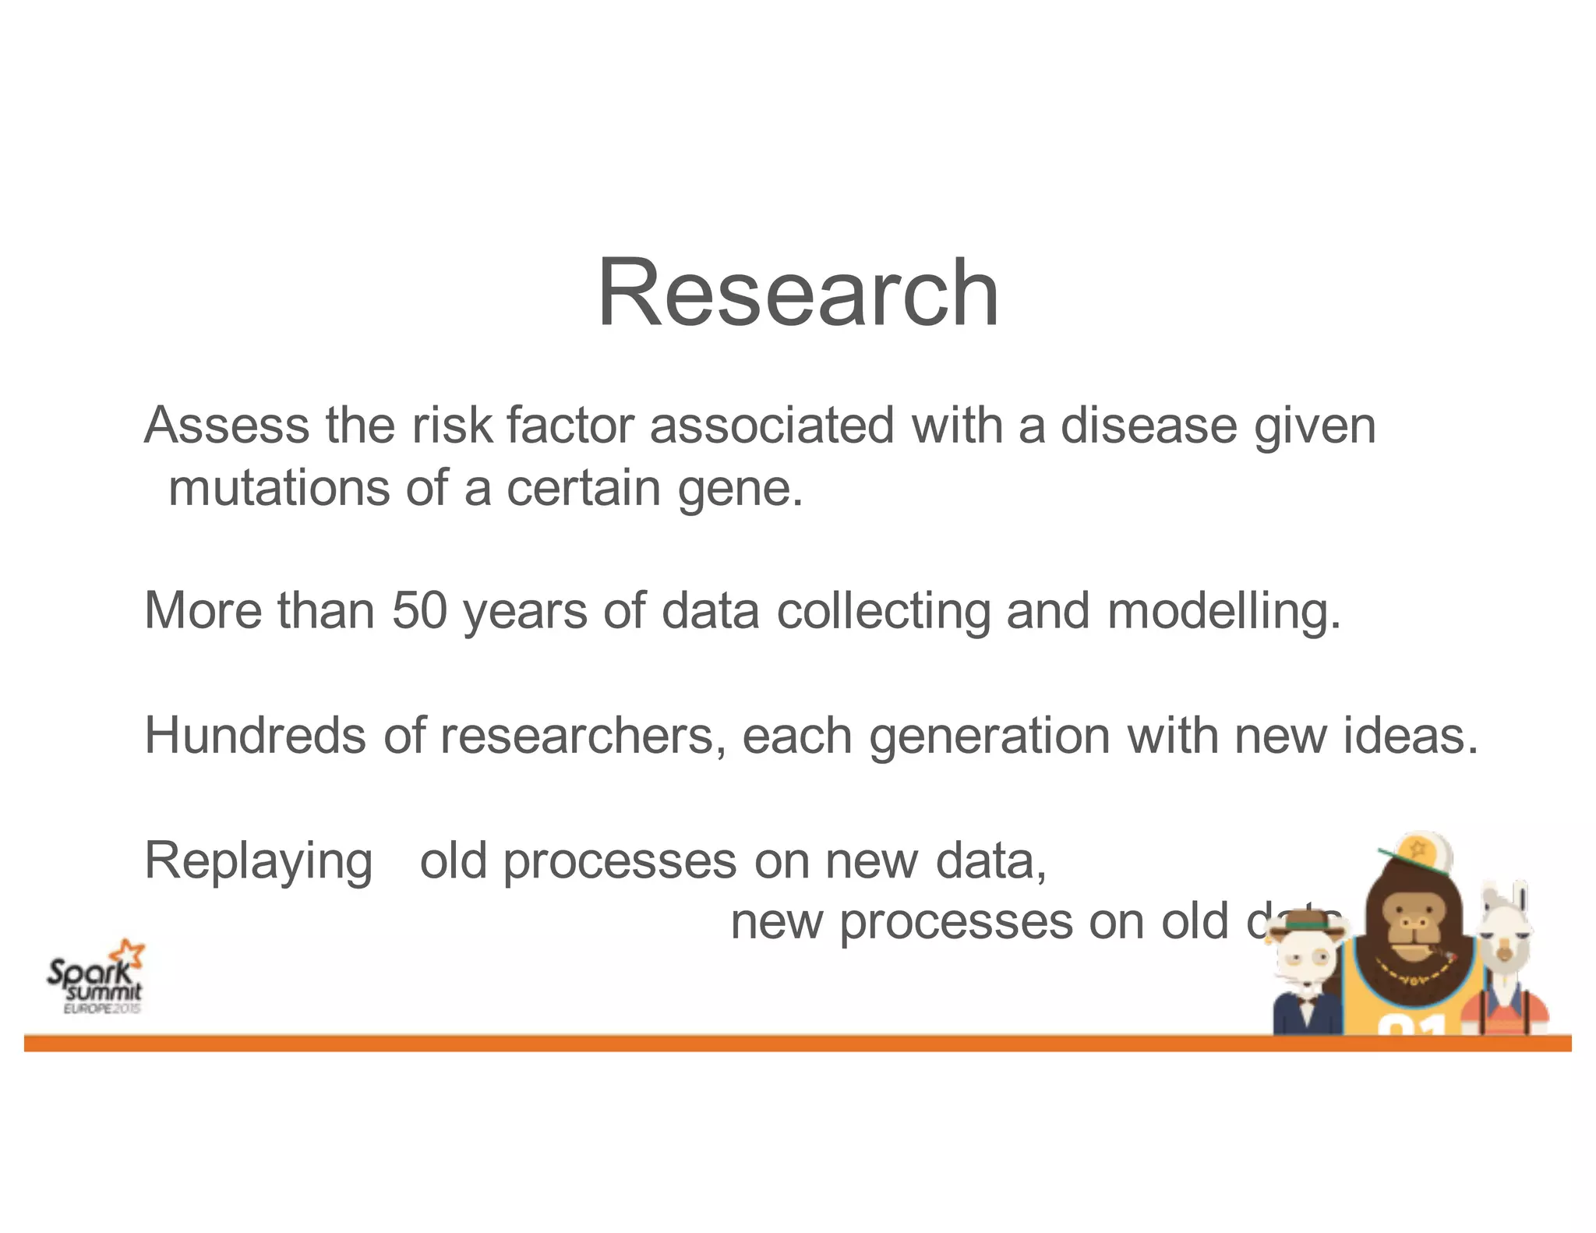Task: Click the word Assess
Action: (226, 426)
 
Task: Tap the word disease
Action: (1148, 426)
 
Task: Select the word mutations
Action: (278, 489)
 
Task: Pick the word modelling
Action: (1223, 612)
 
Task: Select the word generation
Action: (989, 737)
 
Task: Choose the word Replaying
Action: (259, 862)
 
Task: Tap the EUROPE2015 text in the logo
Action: (102, 1009)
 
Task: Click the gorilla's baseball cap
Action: (1420, 853)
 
